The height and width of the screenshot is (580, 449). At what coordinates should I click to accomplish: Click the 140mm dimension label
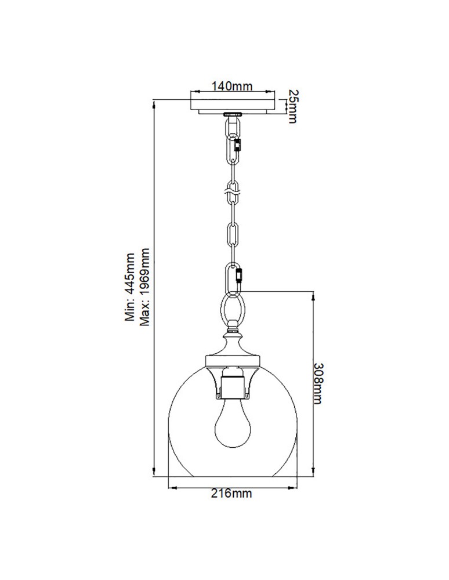coord(231,87)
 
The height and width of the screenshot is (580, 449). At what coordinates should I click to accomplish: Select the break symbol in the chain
coord(232,188)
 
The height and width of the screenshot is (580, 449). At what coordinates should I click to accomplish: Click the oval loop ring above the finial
coord(233,307)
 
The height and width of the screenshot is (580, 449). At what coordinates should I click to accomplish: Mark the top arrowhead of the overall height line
coord(154,102)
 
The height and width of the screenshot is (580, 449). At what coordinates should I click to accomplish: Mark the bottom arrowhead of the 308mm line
coord(314,472)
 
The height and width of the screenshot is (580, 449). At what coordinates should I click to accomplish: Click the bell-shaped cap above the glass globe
coord(232,354)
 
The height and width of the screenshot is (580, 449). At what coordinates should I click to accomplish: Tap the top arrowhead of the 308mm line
coord(314,292)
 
